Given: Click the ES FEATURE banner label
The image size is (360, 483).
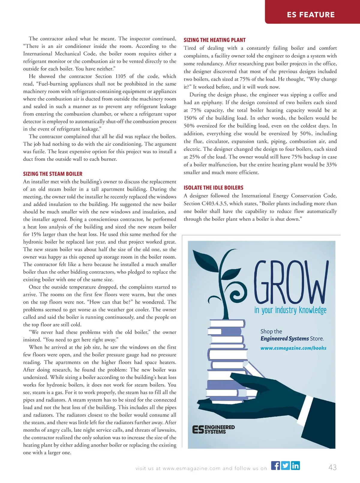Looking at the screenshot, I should [310, 14].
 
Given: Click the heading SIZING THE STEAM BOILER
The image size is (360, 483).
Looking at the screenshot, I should [52, 174].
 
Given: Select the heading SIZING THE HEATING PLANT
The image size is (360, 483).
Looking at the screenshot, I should [214, 40].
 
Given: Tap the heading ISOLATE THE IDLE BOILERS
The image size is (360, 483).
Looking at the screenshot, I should [213, 188].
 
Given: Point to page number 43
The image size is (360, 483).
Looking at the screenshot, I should [332, 467].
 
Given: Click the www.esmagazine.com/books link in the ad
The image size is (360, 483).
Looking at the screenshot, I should [293, 348].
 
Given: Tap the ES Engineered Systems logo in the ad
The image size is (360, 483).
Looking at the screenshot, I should [213, 429].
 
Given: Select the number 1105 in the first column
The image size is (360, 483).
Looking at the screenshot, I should [121, 76].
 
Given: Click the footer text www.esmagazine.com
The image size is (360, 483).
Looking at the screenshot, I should [191, 468].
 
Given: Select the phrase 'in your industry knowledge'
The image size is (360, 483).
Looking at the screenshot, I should [290, 310].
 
